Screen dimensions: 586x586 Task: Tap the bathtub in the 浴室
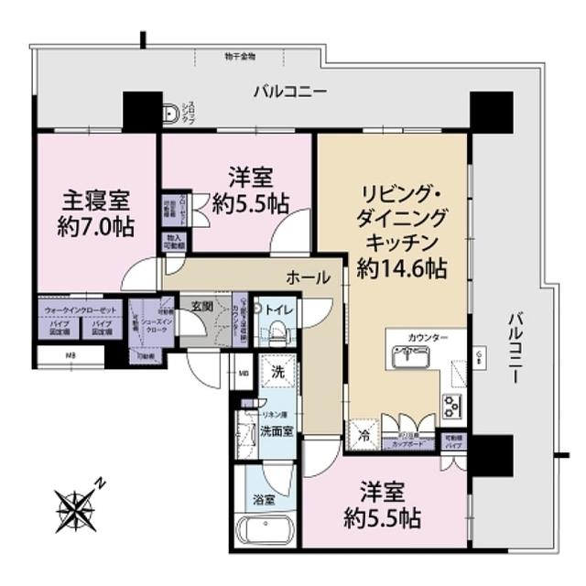(264, 531)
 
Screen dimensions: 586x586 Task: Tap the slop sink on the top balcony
(171, 114)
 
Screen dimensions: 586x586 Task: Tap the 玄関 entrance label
(202, 306)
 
